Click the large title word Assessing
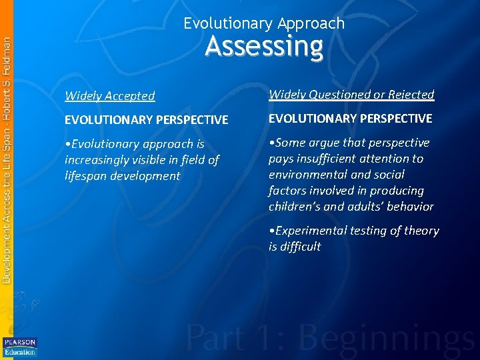point(264,47)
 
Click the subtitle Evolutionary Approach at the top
point(264,23)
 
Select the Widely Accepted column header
point(109,96)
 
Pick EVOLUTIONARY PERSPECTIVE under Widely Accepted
point(146,120)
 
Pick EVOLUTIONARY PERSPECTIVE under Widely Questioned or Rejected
point(350,119)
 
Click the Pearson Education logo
point(19,347)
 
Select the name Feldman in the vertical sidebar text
point(7,56)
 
